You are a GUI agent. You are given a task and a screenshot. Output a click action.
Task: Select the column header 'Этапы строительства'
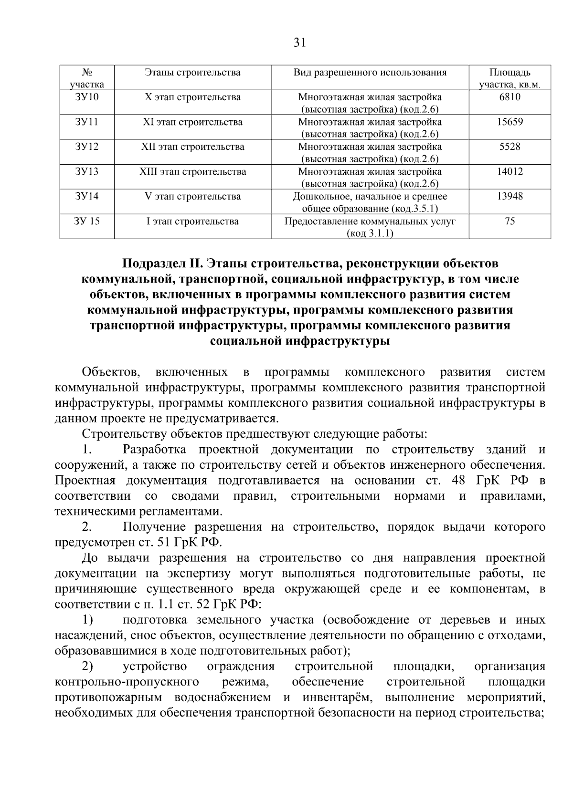[192, 73]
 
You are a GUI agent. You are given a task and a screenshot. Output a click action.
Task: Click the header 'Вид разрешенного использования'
[370, 73]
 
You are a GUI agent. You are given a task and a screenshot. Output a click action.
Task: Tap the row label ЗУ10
[87, 97]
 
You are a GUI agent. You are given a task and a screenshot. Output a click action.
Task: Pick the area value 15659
[509, 122]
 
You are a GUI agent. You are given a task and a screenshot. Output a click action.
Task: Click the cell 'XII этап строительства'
[192, 147]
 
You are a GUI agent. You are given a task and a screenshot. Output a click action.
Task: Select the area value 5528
[509, 147]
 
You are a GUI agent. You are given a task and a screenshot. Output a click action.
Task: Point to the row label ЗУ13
[87, 171]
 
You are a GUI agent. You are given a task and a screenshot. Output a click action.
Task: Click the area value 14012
[509, 171]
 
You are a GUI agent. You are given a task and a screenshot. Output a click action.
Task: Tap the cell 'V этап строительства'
[192, 196]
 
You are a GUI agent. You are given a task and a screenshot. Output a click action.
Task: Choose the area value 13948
[509, 196]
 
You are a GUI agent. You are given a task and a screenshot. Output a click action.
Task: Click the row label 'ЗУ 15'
[87, 221]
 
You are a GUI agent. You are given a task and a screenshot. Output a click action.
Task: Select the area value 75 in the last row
[509, 221]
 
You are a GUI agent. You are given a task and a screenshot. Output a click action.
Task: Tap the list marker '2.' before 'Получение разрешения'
[86, 527]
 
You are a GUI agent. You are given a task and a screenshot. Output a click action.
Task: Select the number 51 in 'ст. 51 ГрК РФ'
[165, 543]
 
